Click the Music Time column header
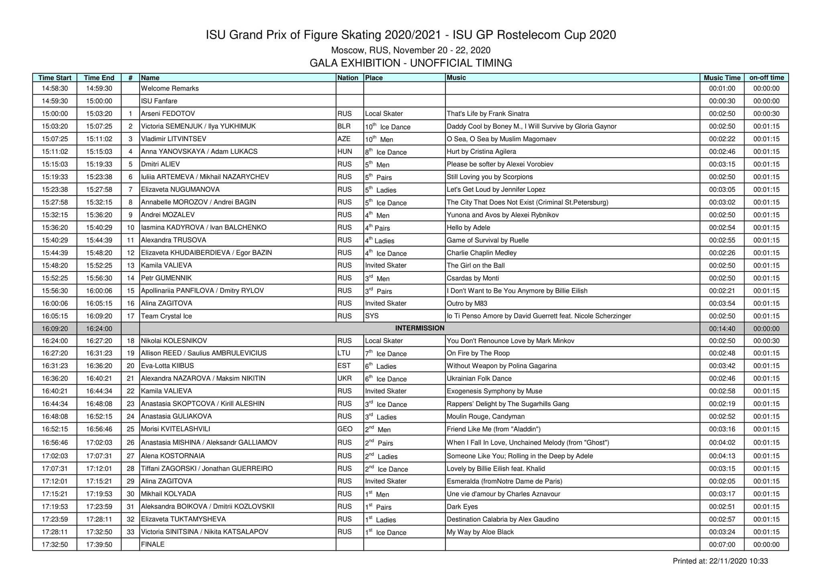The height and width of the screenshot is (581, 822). point(722,78)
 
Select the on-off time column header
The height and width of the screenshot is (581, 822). point(766,78)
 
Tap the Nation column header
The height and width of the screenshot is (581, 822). point(348,78)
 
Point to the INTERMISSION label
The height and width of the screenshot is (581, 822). point(419,328)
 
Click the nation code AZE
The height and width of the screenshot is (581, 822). point(344,139)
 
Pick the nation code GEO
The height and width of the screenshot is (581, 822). point(345,429)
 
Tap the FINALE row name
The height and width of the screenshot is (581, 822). point(153,545)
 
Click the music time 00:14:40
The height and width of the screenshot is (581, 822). point(722,329)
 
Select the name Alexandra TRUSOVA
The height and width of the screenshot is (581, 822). point(173,240)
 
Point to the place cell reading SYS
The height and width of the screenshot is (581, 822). point(372,316)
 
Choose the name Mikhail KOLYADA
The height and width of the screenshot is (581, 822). point(168,494)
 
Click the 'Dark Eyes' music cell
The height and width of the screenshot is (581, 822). point(462,507)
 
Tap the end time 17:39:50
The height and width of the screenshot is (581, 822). point(99,545)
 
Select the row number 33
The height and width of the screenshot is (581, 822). point(130,532)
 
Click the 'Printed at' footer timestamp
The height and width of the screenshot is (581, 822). point(720,561)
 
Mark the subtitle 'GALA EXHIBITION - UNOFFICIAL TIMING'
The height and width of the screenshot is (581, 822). point(411,63)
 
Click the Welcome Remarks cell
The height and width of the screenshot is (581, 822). point(170,89)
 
